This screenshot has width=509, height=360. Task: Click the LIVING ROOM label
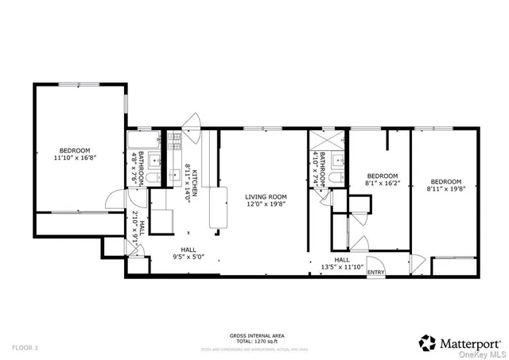pos(265,196)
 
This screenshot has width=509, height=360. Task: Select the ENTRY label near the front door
pos(375,273)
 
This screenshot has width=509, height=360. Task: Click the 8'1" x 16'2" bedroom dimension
pos(382,183)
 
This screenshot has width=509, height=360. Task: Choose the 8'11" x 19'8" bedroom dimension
pos(444,188)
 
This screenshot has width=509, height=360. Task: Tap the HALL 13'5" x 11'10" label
pos(342,264)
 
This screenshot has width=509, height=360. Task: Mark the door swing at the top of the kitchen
pos(191,120)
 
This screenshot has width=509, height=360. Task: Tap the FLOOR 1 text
pos(25,347)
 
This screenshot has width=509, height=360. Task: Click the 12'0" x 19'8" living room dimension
pos(265,204)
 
